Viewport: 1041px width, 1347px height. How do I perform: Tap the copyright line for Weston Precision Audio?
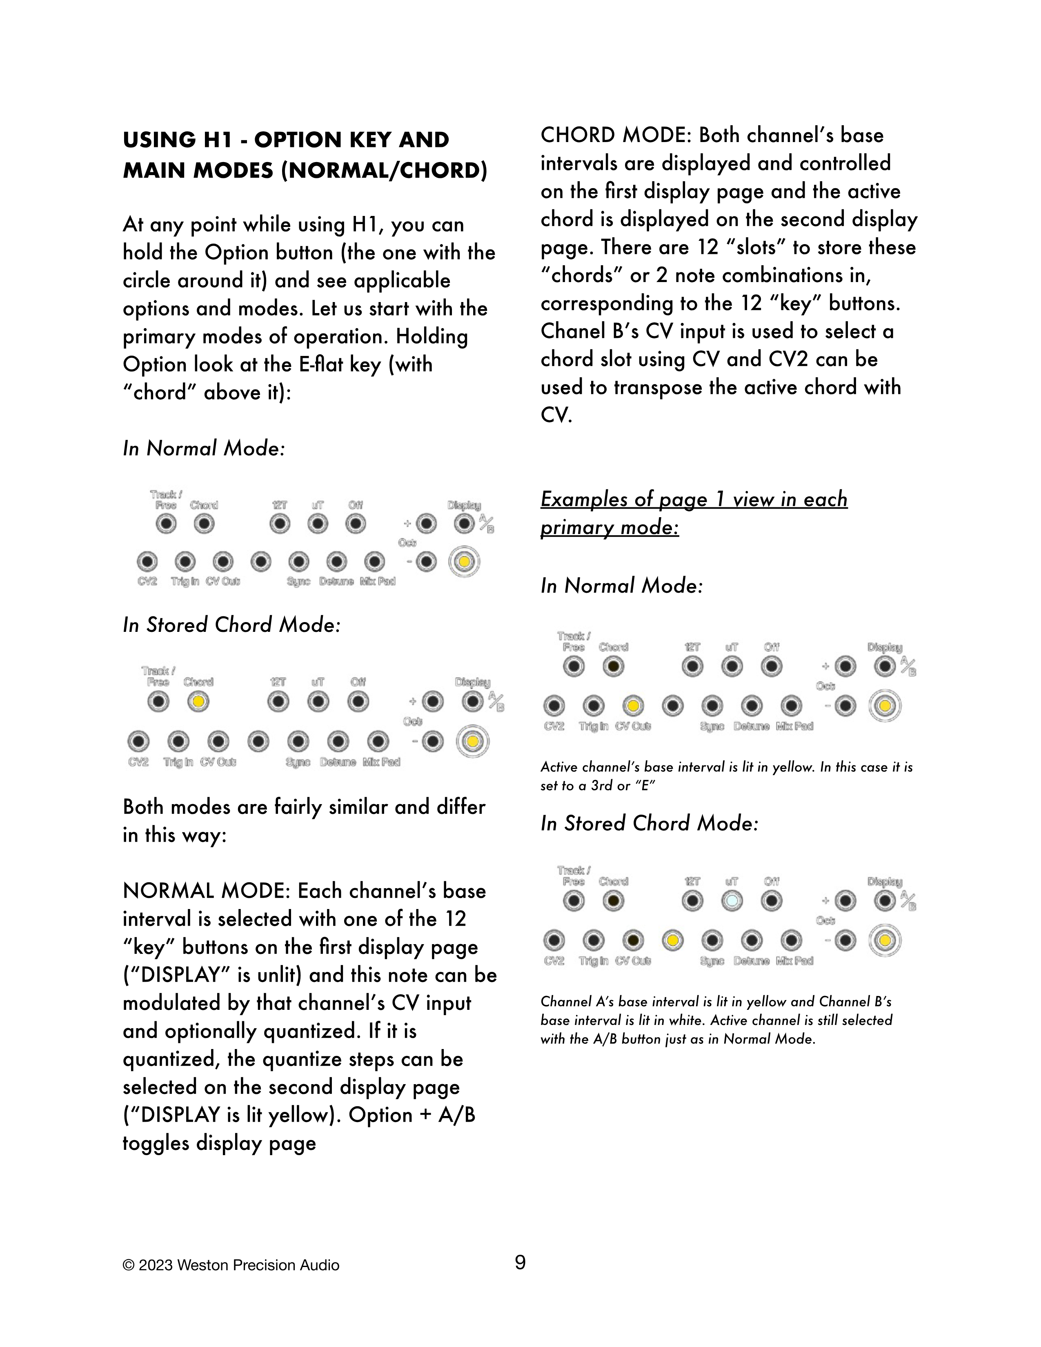[231, 1266]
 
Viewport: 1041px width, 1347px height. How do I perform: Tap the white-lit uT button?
[732, 901]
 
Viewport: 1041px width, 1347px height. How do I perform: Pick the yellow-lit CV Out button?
[633, 706]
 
